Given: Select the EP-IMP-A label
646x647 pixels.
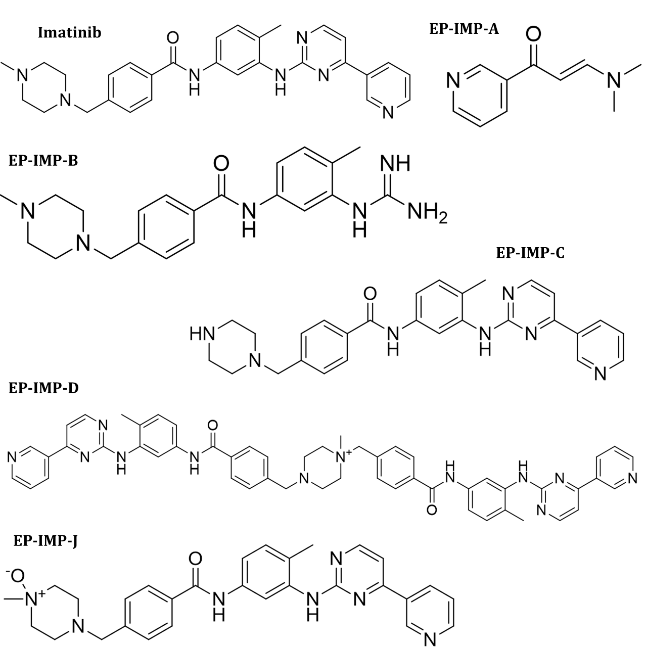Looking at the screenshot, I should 464,29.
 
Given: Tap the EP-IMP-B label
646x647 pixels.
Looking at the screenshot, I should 43,162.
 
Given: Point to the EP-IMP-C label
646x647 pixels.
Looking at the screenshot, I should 530,253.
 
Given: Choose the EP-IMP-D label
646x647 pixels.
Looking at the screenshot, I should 43,388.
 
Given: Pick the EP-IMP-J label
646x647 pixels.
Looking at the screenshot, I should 45,541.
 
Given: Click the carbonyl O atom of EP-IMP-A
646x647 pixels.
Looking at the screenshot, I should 533,34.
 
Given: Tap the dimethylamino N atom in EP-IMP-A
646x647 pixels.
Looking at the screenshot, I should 613,79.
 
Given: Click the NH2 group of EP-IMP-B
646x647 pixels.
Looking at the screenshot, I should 427,213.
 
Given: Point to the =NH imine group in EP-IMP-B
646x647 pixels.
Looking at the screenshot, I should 394,165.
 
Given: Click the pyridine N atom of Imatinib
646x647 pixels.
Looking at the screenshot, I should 388,112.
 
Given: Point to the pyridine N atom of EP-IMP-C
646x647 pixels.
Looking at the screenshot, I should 600,374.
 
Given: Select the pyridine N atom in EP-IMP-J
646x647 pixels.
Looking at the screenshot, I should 430,640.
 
